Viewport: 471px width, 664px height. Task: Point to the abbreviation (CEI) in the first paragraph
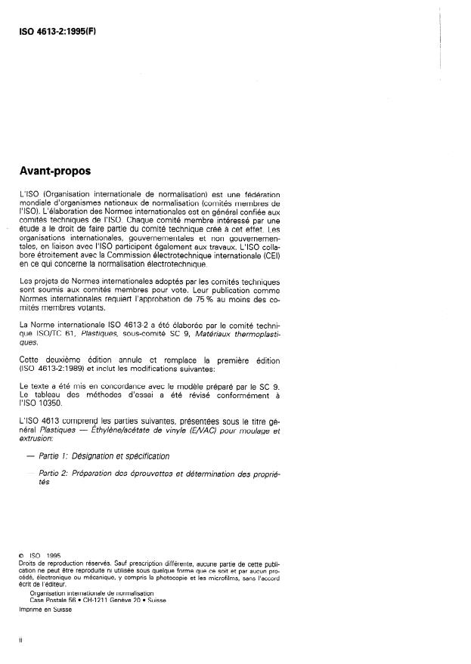click(x=271, y=255)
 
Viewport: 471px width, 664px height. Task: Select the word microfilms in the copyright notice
click(x=228, y=577)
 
